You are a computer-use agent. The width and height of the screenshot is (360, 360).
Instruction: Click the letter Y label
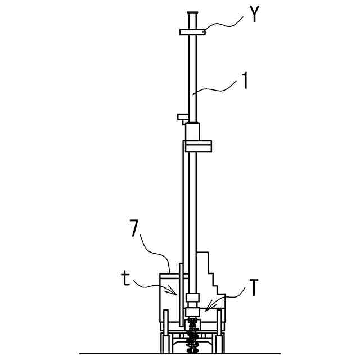pos(254,14)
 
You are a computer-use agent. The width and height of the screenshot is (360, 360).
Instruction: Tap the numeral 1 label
pos(245,81)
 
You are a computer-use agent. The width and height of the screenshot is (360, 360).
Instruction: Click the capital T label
pos(254,287)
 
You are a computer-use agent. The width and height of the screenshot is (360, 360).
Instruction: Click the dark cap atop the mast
pos(192,12)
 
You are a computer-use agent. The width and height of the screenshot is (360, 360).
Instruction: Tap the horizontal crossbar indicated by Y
pos(192,32)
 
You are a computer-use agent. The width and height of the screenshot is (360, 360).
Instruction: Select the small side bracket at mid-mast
pos(183,119)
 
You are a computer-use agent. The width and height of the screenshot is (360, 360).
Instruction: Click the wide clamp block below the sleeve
pos(199,146)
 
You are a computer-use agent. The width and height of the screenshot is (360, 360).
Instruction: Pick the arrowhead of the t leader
pos(173,290)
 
